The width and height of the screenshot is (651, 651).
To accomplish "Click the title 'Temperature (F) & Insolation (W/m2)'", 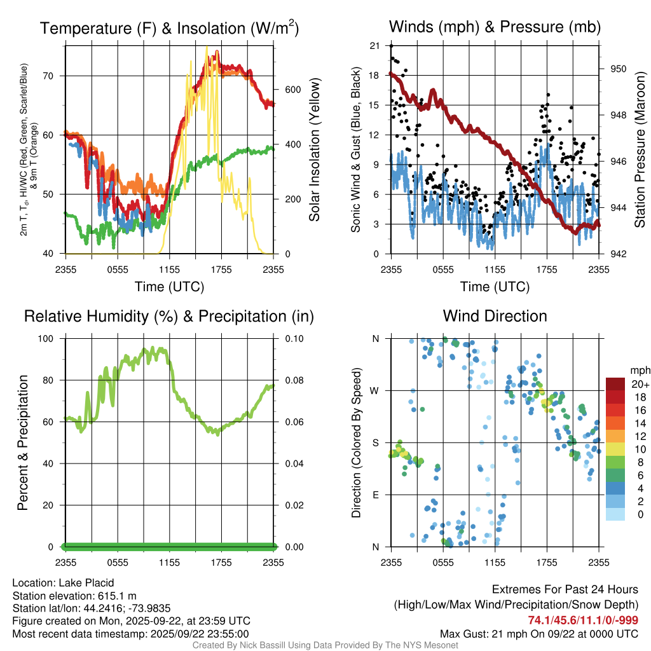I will pyautogui.click(x=169, y=28).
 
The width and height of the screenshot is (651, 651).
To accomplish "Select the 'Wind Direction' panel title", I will pyautogui.click(x=495, y=316).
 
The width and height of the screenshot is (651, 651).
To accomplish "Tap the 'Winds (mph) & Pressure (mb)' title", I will pyautogui.click(x=495, y=27).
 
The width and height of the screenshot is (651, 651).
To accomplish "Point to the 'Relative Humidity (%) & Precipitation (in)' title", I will pyautogui.click(x=169, y=316).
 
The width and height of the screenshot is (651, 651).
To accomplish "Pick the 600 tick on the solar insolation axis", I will pyautogui.click(x=292, y=89).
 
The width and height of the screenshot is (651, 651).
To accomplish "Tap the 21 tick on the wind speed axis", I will pyautogui.click(x=374, y=46).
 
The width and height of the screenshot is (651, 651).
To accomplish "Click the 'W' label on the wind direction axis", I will pyautogui.click(x=375, y=390).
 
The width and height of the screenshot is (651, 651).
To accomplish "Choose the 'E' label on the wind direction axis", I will pyautogui.click(x=376, y=495).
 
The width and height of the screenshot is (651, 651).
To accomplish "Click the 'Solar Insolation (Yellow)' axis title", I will pyautogui.click(x=315, y=149).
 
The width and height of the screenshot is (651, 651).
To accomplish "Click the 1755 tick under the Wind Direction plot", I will pyautogui.click(x=547, y=562).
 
